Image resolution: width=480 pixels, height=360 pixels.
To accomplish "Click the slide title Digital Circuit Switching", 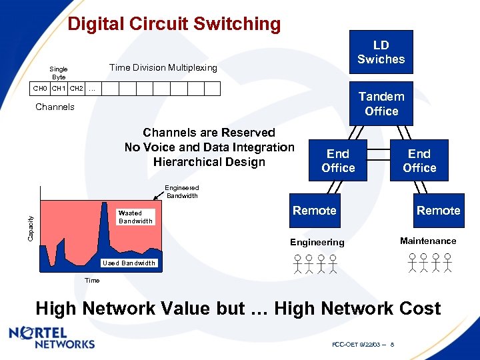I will click(174, 24).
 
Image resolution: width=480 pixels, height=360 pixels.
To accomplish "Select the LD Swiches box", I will click(381, 52).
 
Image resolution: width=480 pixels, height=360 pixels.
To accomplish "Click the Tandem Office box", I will click(381, 104).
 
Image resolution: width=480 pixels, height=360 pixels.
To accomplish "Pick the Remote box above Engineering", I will click(315, 211).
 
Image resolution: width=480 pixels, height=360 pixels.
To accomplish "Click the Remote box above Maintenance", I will click(438, 211).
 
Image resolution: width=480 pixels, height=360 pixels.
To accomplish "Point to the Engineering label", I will click(317, 242).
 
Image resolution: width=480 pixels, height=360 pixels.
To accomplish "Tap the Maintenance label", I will click(428, 241).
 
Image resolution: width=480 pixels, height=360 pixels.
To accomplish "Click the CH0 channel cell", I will click(41, 89).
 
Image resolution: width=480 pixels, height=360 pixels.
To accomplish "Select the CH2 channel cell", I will click(76, 89).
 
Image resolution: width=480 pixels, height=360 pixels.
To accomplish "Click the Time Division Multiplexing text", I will click(163, 67).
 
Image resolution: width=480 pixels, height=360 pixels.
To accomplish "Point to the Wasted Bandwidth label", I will click(135, 217).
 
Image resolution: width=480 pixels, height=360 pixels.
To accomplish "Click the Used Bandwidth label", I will click(128, 263).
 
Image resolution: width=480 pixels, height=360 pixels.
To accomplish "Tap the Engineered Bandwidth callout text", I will click(182, 192).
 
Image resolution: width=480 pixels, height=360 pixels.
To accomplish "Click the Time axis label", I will click(92, 280).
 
